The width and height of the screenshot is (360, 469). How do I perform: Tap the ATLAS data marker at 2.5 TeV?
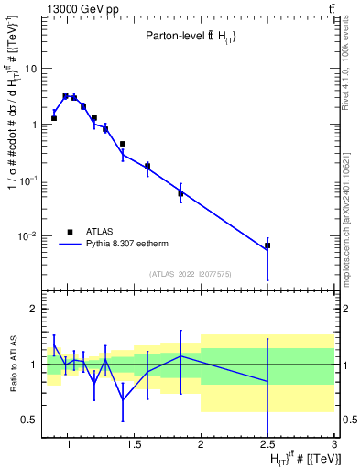click(x=267, y=245)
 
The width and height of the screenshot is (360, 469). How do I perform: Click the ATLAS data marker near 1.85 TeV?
click(x=180, y=193)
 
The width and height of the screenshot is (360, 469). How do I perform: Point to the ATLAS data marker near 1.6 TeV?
click(x=147, y=166)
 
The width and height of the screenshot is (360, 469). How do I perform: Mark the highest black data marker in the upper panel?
click(x=65, y=96)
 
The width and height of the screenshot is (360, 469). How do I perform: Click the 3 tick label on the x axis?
click(x=334, y=446)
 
